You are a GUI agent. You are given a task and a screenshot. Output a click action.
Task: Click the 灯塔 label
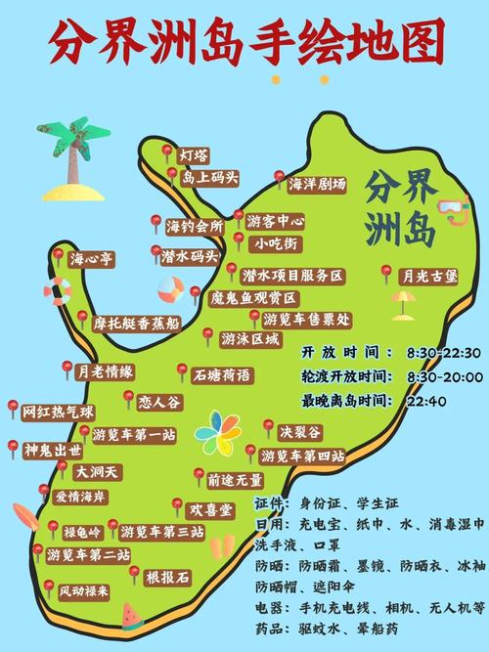click(x=194, y=155)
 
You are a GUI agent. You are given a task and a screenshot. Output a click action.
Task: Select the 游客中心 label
click(x=275, y=221)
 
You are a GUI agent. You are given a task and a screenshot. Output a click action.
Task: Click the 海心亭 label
click(x=92, y=259)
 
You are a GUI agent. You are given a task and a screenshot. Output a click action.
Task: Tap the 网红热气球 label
click(x=58, y=412)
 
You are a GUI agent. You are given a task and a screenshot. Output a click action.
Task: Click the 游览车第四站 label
click(x=302, y=456)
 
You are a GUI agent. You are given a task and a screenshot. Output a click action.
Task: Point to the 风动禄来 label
click(x=85, y=591)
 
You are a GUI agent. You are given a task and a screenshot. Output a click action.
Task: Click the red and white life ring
click(x=59, y=291)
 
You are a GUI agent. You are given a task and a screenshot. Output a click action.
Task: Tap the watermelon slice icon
click(x=132, y=615)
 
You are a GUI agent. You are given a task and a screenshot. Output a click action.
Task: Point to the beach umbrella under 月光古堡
click(x=403, y=303)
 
